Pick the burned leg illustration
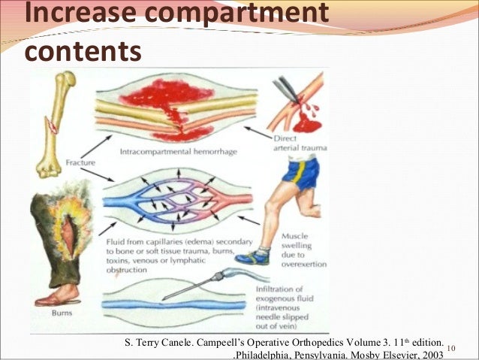tap(60, 241)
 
